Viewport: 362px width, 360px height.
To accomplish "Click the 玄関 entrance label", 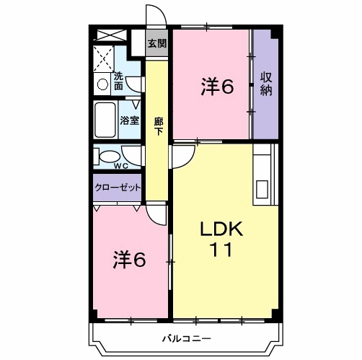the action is (157, 43).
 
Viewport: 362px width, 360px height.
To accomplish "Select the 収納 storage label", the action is (266, 84).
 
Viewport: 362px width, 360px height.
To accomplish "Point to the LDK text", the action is (221, 229).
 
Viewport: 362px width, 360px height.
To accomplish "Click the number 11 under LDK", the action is (221, 250).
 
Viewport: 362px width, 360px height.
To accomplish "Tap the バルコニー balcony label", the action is (187, 339).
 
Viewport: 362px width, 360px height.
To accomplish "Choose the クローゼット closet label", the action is (118, 188).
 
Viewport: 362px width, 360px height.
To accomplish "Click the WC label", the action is (121, 166).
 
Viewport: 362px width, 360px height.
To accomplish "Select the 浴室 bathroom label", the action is (130, 120).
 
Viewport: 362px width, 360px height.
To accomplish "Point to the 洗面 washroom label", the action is (118, 81).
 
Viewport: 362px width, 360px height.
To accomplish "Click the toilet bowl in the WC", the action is (110, 157).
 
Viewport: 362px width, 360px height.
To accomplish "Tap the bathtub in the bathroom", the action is (105, 120).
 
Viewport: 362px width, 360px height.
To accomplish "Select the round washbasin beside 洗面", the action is (102, 84).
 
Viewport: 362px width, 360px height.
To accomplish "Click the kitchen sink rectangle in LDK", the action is (262, 190).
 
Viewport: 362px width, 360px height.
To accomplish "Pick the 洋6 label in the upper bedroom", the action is (217, 87).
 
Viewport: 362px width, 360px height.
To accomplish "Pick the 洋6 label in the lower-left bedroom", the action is (129, 260).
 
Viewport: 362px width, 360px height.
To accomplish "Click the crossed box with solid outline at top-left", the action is (111, 35).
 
